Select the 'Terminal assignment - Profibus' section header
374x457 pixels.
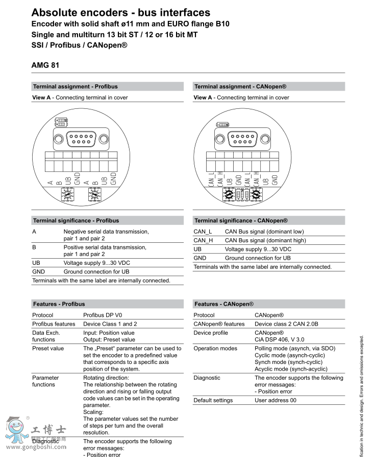click(x=75, y=86)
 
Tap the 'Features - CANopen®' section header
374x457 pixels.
click(x=224, y=304)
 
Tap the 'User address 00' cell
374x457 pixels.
click(x=276, y=400)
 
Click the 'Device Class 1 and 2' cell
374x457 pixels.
click(x=110, y=324)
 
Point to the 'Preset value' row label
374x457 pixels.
click(x=48, y=348)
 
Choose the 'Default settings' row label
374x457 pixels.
click(x=213, y=400)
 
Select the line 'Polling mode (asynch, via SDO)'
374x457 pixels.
click(x=295, y=348)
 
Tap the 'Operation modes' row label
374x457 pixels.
click(x=215, y=348)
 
